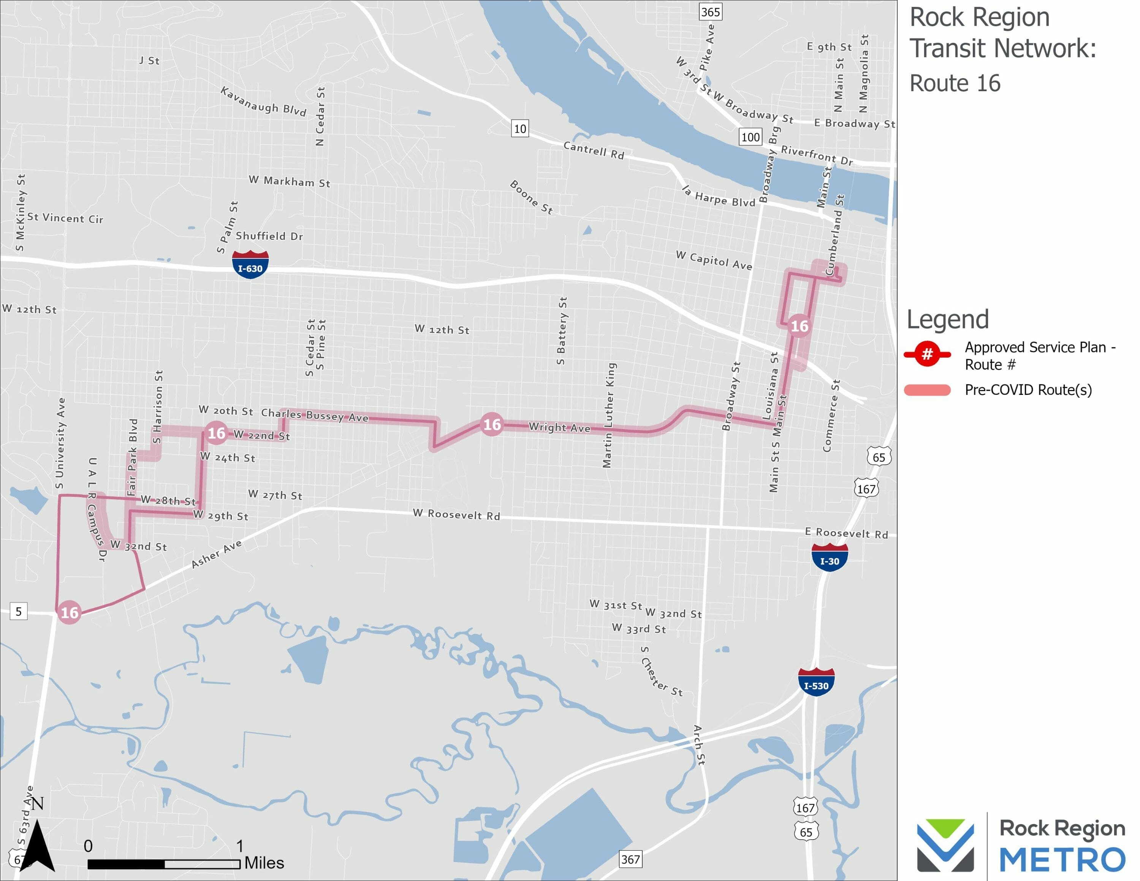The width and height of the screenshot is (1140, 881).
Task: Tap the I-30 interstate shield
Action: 830,558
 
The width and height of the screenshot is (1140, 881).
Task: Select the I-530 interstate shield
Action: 816,682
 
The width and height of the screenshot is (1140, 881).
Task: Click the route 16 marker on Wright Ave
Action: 492,424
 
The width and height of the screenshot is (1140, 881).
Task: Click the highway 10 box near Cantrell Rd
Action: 520,128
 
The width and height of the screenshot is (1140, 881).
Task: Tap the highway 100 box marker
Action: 750,137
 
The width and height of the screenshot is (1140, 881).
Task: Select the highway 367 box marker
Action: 630,859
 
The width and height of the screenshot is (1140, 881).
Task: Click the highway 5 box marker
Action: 18,611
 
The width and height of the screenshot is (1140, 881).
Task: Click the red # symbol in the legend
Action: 927,354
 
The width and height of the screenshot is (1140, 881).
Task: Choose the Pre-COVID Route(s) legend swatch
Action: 927,390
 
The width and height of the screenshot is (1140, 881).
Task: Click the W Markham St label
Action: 289,181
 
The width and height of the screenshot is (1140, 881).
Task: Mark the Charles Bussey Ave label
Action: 315,415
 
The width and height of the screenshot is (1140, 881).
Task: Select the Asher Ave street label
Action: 216,553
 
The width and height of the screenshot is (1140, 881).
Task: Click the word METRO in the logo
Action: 1062,860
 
